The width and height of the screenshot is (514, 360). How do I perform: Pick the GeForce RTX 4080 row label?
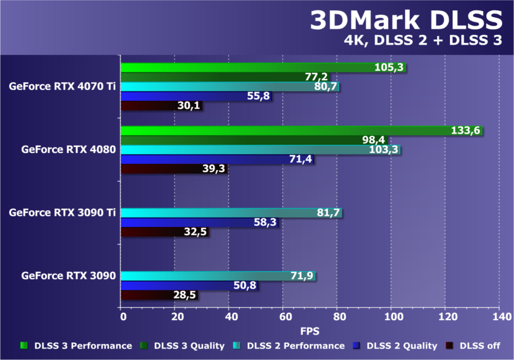click(69, 150)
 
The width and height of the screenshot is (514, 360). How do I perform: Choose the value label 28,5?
click(185, 295)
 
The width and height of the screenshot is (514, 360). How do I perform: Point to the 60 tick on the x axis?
click(282, 317)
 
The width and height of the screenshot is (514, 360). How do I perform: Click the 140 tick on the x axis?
click(499, 317)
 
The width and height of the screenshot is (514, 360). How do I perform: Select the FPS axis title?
click(309, 331)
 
